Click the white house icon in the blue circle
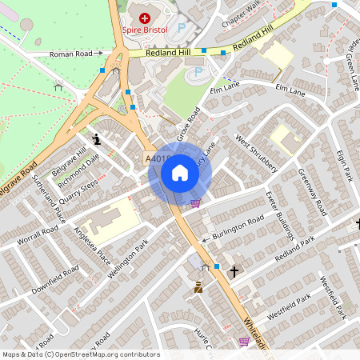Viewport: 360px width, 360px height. coord(180,173)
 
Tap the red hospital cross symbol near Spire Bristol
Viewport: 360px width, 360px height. coord(144,18)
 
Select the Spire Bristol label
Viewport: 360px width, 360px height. coord(144,30)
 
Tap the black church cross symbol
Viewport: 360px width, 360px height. coord(234,272)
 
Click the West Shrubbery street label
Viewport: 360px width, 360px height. coord(256,154)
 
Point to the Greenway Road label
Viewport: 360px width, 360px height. coord(313,192)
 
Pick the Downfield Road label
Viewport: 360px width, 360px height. coord(55,281)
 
